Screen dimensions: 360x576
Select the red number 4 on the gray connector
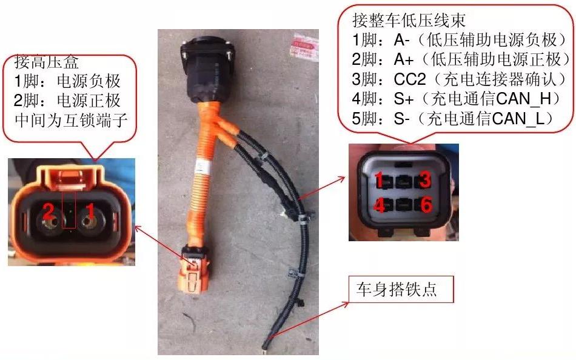tap(380, 206)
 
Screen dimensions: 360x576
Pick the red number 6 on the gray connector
tap(426, 206)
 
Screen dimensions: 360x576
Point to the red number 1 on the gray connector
tap(379, 179)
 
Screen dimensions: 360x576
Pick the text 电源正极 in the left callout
tap(96, 100)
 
